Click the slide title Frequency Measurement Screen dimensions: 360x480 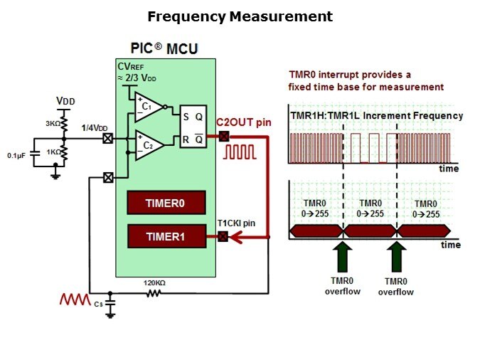240,16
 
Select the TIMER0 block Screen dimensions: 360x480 165,203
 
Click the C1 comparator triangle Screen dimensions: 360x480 147,107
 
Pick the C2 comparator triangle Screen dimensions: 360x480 147,145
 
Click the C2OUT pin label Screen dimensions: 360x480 244,122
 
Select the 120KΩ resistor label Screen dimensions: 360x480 154,283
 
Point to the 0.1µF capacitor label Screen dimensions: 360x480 18,154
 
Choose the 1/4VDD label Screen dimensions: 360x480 95,127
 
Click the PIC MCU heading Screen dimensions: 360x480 165,49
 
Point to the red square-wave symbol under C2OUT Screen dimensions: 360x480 241,152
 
